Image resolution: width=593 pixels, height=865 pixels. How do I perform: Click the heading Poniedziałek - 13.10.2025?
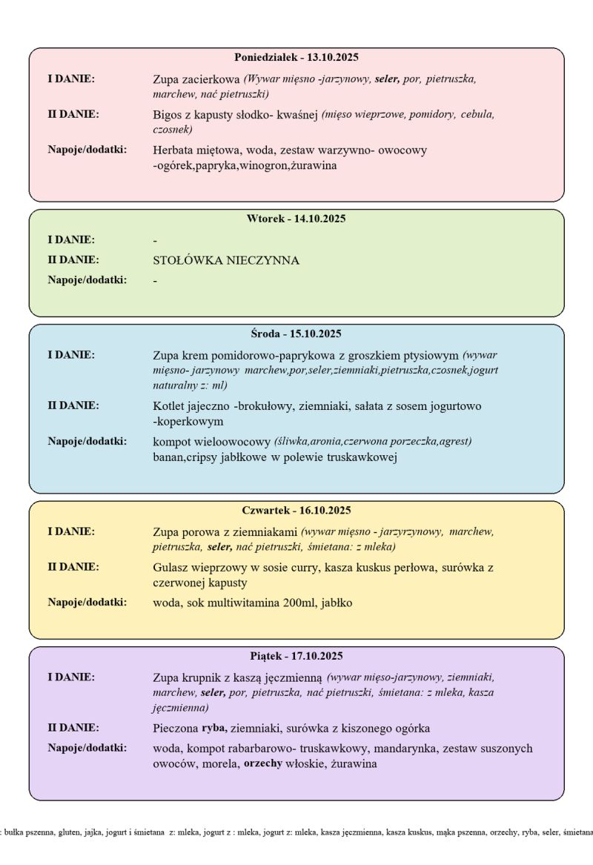(x=296, y=57)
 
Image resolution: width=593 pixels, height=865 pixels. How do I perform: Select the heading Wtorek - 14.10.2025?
(x=296, y=219)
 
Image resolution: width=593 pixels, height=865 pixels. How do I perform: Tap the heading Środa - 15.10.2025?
(x=296, y=334)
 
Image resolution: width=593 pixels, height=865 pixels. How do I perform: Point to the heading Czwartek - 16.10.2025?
(x=296, y=510)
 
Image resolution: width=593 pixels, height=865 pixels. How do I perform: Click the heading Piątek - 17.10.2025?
(x=296, y=656)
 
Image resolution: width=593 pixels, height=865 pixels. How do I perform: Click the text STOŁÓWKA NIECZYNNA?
(x=225, y=261)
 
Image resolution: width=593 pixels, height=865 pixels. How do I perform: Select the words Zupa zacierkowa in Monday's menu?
(x=196, y=79)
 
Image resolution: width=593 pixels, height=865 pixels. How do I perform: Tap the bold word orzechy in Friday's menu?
(x=263, y=763)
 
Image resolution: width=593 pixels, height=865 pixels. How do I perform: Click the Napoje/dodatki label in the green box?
(x=87, y=279)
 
